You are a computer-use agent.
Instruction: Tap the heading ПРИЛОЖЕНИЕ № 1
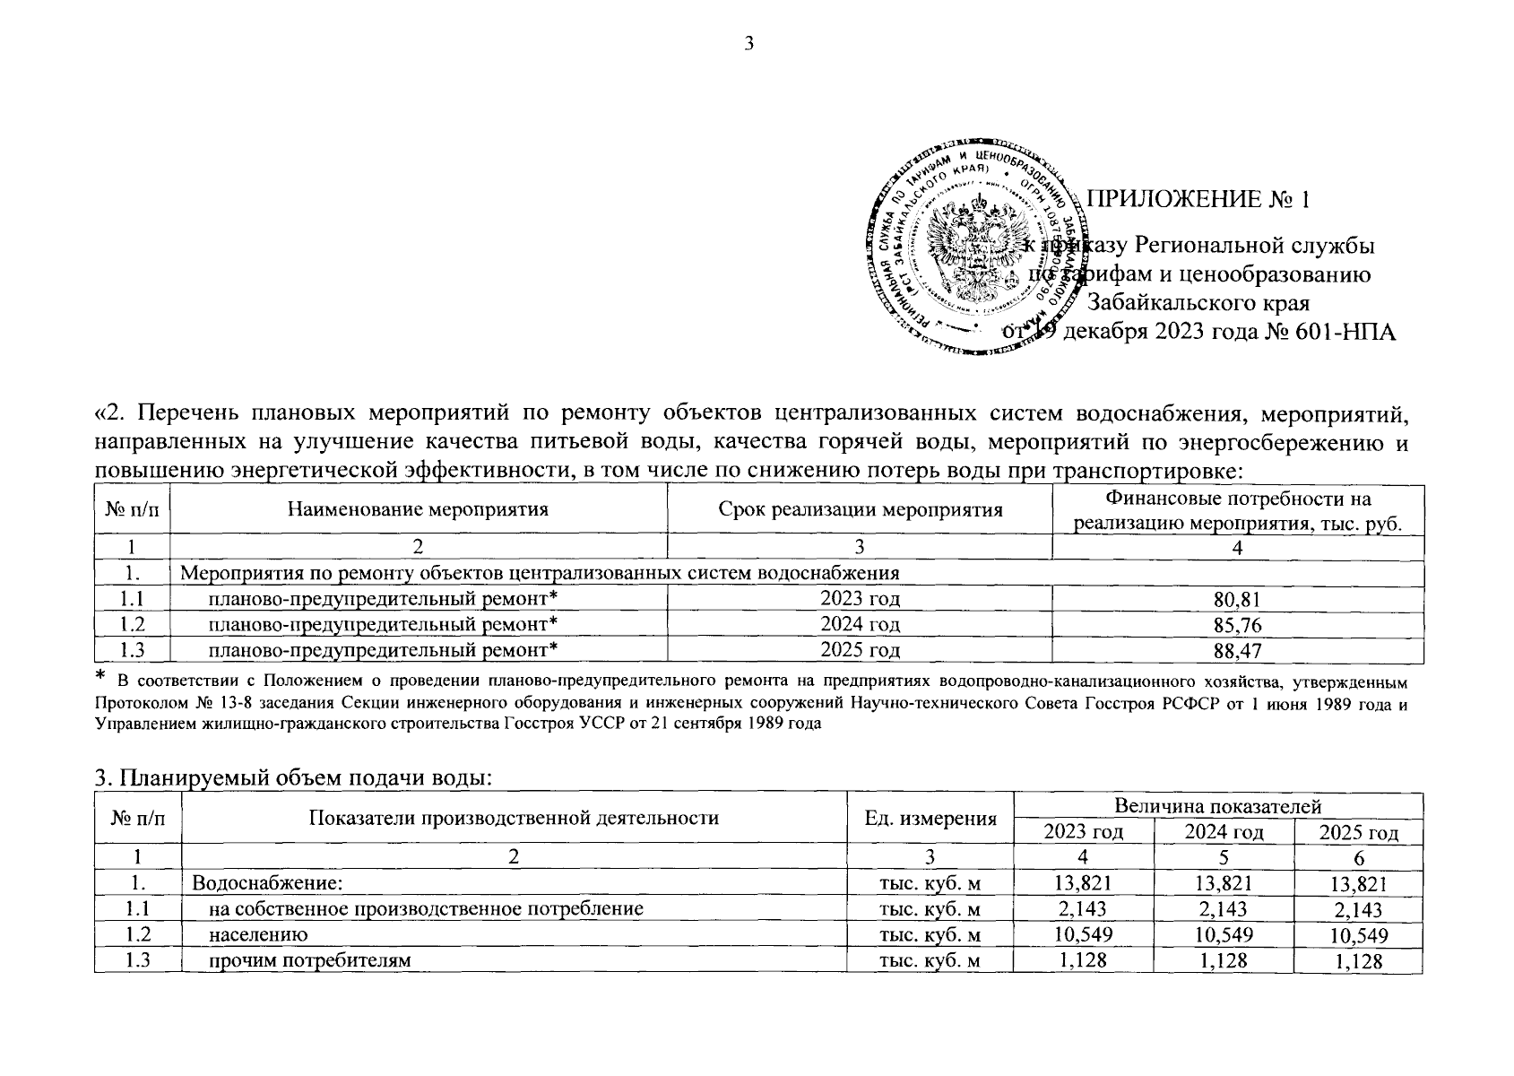pyautogui.click(x=1198, y=199)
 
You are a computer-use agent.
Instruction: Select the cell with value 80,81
pyautogui.click(x=1237, y=599)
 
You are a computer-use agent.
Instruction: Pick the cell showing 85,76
pyautogui.click(x=1237, y=624)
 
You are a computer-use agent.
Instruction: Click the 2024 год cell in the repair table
pyautogui.click(x=860, y=624)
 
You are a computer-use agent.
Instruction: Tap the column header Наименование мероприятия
pyautogui.click(x=418, y=510)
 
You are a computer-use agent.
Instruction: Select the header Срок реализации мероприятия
pyautogui.click(x=860, y=510)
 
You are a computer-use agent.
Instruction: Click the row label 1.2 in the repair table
pyautogui.click(x=132, y=624)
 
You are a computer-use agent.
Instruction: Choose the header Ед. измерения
pyautogui.click(x=930, y=818)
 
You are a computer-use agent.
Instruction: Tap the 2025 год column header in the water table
pyautogui.click(x=1358, y=832)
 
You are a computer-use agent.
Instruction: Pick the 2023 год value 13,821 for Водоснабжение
pyautogui.click(x=1083, y=884)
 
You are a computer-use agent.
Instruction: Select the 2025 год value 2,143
pyautogui.click(x=1358, y=910)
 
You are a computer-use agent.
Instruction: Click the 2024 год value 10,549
pyautogui.click(x=1224, y=935)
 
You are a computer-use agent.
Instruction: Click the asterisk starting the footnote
pyautogui.click(x=101, y=674)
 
